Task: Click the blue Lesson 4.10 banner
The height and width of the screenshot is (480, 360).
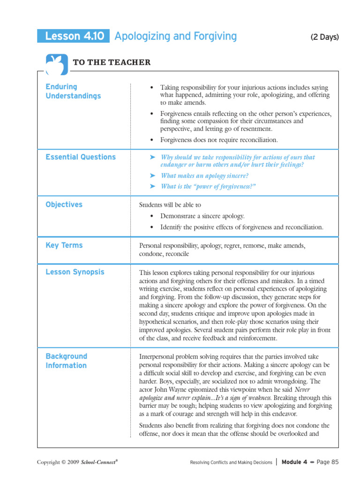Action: [74, 36]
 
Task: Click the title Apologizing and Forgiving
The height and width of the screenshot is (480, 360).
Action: [176, 36]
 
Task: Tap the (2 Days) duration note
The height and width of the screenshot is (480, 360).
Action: [324, 37]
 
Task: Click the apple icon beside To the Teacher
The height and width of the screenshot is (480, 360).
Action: [57, 64]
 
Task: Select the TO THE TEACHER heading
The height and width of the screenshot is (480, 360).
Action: [112, 62]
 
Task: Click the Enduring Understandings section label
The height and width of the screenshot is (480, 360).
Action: [73, 91]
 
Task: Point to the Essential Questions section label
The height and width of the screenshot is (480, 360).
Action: [81, 157]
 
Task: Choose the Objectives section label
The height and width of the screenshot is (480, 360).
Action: [64, 204]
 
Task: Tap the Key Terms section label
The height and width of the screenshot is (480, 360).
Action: [64, 245]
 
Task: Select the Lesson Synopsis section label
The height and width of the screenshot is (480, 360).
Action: [75, 272]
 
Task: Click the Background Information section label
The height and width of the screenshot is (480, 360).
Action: [67, 361]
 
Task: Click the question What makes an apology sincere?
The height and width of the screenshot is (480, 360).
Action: [204, 175]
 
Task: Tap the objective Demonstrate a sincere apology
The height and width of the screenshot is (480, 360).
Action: [202, 216]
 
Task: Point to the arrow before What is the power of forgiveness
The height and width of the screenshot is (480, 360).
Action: [152, 186]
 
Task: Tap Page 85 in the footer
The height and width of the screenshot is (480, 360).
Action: [328, 462]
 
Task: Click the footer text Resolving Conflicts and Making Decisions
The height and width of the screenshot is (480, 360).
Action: [231, 462]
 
